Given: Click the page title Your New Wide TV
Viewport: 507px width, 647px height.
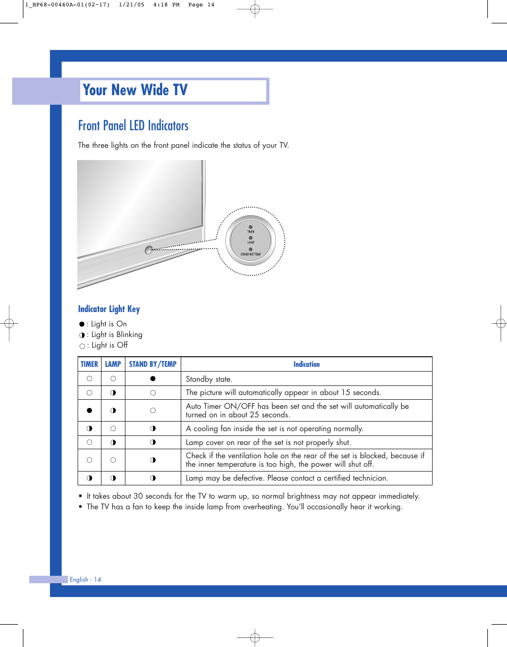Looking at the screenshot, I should coord(136,90).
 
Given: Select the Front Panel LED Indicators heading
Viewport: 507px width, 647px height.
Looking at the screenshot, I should coord(133,126).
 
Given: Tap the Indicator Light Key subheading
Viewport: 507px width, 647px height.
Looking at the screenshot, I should coord(109,309).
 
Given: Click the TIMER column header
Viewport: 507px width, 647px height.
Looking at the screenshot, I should coord(89,364).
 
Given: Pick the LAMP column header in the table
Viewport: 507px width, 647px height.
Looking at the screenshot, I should coord(113,364).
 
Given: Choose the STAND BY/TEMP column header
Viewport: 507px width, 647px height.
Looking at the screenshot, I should coord(153,364).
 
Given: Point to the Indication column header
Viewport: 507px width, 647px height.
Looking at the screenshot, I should coord(307,364).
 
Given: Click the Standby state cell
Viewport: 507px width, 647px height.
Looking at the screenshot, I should coord(209,379).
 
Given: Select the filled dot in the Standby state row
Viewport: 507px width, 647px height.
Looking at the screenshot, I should coord(153,379).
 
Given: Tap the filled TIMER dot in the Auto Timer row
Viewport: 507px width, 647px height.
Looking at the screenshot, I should coord(89,410).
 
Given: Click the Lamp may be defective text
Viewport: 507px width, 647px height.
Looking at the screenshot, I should coord(287,478).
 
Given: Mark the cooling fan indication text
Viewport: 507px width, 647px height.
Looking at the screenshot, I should coord(274,428).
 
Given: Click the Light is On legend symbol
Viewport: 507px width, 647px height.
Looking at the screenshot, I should coord(82,324).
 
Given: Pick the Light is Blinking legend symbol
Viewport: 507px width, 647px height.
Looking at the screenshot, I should coord(82,335).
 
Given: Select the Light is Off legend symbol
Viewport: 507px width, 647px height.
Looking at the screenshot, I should coord(82,346).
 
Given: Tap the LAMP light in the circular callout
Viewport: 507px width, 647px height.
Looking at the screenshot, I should coord(250,238).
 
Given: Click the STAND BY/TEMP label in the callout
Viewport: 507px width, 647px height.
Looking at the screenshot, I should coord(250,255).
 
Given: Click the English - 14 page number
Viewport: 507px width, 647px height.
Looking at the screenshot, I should coord(85,579).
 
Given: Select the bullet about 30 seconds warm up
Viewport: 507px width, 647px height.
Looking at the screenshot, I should coord(253,496).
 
